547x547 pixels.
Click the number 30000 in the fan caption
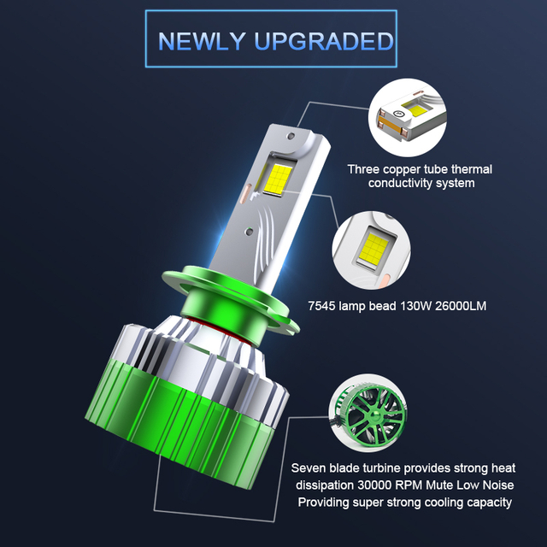368,485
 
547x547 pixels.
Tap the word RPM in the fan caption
408,485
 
